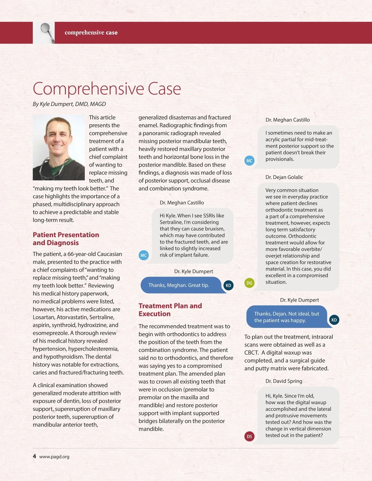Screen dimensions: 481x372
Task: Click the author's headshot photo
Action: pyautogui.click(x=59, y=148)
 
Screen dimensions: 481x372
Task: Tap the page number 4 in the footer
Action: pyautogui.click(x=34, y=456)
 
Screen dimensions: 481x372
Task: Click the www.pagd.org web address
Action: pyautogui.click(x=54, y=457)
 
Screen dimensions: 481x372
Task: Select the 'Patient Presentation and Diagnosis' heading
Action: pyautogui.click(x=66, y=239)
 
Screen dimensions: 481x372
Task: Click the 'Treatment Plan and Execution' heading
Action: pyautogui.click(x=170, y=310)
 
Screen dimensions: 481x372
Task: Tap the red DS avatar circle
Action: pyautogui.click(x=249, y=437)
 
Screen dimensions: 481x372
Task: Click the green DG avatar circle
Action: pyautogui.click(x=249, y=283)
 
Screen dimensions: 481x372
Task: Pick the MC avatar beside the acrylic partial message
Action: pyautogui.click(x=249, y=161)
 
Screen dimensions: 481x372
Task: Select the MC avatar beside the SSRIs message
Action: pyautogui.click(x=144, y=256)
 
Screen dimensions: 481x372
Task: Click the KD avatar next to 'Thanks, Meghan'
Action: pyautogui.click(x=228, y=286)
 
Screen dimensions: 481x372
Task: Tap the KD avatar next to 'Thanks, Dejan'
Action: pyautogui.click(x=334, y=320)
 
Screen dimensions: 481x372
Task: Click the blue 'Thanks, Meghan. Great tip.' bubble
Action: pyautogui.click(x=179, y=285)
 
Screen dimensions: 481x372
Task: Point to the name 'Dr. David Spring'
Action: pyautogui.click(x=284, y=381)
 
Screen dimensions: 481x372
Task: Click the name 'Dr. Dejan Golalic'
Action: pyautogui.click(x=284, y=177)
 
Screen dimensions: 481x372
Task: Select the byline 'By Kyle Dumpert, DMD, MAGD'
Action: pyautogui.click(x=69, y=104)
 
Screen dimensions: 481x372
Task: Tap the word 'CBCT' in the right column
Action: pyautogui.click(x=251, y=352)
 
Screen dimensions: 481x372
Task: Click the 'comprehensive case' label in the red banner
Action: pyautogui.click(x=91, y=33)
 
